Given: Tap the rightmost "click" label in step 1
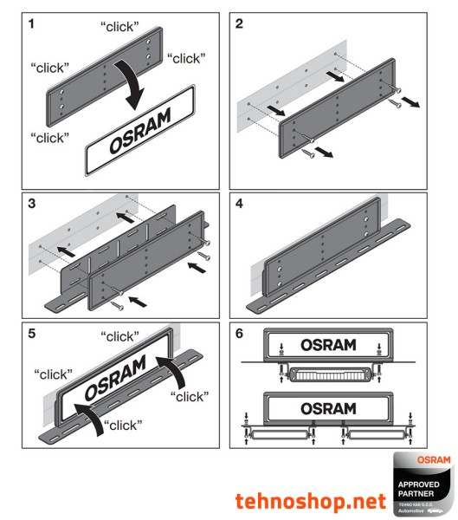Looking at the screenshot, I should pyautogui.click(x=184, y=59).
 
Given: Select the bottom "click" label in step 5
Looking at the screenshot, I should pyautogui.click(x=124, y=425).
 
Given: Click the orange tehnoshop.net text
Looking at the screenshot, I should pyautogui.click(x=309, y=500).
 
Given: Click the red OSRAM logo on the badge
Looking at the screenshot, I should pyautogui.click(x=434, y=459).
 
